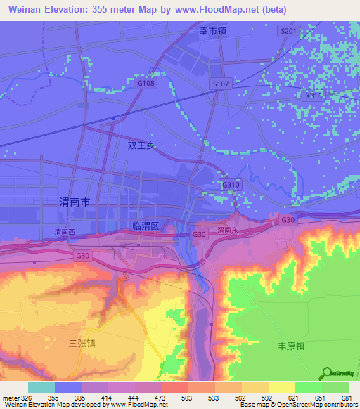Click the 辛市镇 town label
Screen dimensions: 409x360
coord(213,32)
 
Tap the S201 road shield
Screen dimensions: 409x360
coord(288,32)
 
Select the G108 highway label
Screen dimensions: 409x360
coord(146,83)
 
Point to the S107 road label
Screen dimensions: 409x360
coord(221,84)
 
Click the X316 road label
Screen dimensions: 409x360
coord(314,96)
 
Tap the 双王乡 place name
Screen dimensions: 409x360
coord(141,146)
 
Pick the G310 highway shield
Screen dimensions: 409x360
coord(231,185)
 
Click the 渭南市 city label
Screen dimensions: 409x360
coord(75,202)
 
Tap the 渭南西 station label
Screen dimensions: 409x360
coord(64,231)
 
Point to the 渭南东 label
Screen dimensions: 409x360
coord(228,230)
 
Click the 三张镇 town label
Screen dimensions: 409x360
coord(82,343)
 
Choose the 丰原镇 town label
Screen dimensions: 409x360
coord(290,346)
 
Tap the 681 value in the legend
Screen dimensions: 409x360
coord(345,398)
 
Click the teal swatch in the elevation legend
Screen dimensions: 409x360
coord(41,387)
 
